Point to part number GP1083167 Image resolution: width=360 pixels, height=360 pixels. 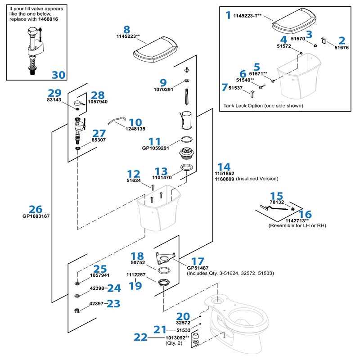[x=36, y=216]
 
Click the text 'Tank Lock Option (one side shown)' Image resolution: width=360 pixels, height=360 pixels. [x=263, y=106]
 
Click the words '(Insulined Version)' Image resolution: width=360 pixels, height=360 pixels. [x=257, y=179]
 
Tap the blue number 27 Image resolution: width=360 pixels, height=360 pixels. [x=99, y=133]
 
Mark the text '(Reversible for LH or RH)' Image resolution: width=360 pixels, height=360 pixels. [x=297, y=225]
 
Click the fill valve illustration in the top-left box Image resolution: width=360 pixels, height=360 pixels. [x=34, y=49]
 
